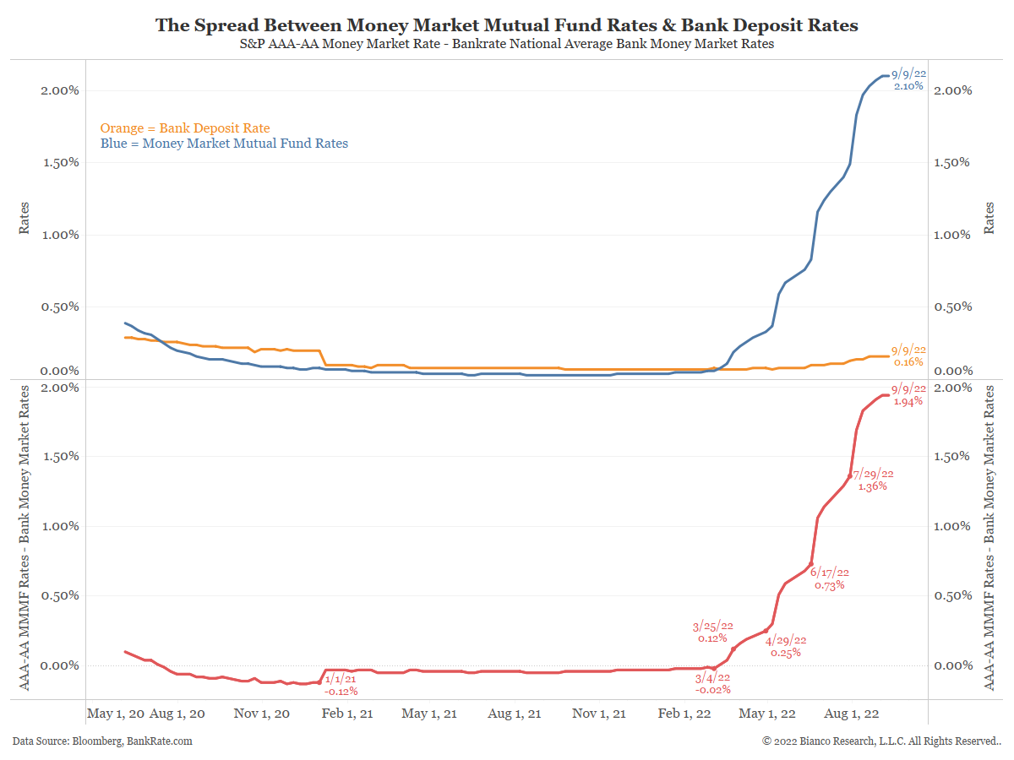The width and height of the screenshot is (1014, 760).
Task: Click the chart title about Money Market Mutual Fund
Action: [506, 25]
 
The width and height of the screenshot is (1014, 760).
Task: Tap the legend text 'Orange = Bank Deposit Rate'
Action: [185, 128]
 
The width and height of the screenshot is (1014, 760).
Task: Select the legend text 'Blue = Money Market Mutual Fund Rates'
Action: [224, 144]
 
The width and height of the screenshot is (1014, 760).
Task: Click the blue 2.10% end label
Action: [909, 80]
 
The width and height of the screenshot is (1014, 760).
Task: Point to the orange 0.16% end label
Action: [909, 356]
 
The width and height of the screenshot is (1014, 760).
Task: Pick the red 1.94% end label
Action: [908, 395]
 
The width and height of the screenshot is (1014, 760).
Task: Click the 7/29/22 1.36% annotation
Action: [873, 480]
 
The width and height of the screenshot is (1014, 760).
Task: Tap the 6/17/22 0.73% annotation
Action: [830, 578]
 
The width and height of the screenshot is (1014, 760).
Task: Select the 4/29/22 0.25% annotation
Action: [786, 646]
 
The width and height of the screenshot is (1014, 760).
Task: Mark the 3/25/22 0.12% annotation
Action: [712, 632]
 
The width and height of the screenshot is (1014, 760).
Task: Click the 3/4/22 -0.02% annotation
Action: [711, 684]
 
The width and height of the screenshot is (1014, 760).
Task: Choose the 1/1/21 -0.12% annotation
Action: [341, 685]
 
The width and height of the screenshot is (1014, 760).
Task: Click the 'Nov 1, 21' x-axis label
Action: [599, 714]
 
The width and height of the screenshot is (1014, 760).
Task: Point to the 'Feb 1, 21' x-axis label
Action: [346, 714]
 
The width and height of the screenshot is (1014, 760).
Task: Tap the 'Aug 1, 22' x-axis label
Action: [852, 714]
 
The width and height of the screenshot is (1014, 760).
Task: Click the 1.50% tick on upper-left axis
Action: [60, 162]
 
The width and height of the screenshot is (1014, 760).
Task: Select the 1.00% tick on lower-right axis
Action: [953, 526]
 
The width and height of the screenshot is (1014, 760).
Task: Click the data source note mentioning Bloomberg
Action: [102, 741]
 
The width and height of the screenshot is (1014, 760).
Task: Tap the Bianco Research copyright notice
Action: [881, 741]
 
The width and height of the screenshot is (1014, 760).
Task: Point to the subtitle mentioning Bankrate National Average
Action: [506, 45]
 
